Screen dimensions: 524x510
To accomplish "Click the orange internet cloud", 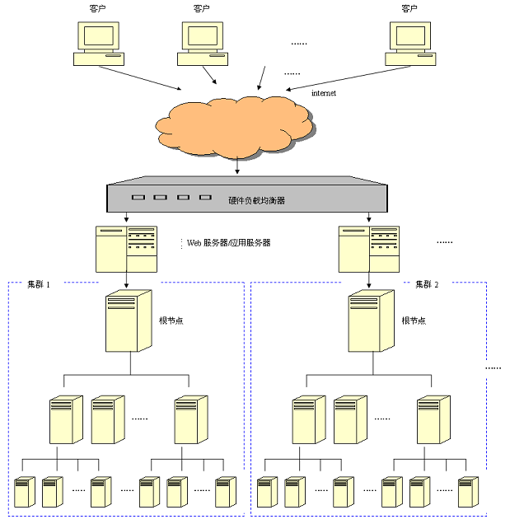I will [235, 126].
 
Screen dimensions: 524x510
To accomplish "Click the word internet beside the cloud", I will [324, 93].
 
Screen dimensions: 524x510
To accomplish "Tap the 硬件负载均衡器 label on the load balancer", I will [257, 199].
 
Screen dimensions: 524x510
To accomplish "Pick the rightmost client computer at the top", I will [410, 43].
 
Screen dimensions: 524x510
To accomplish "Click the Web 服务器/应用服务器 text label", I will [228, 243].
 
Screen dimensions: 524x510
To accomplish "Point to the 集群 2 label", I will [427, 284].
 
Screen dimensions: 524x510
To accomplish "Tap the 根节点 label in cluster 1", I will [171, 320].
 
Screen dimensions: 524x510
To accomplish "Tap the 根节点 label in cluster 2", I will [414, 320].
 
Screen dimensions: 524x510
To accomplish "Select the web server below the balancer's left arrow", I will [126, 248].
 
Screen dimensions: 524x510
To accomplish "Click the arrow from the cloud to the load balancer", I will [237, 166].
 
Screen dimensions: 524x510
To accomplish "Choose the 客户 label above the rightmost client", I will [409, 8].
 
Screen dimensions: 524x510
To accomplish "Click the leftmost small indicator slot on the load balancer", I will [138, 198].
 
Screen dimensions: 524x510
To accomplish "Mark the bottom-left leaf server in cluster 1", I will [26, 492].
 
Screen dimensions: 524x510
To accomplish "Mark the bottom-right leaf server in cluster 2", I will [467, 492].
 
